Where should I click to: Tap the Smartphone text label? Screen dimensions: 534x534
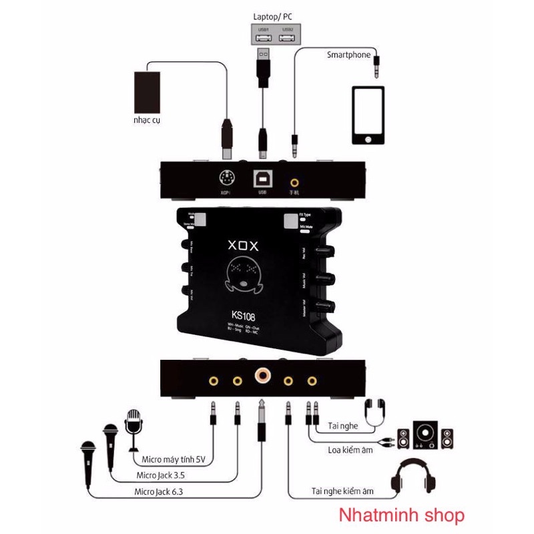[x=348, y=55]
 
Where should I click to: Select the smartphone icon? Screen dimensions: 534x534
[x=368, y=115]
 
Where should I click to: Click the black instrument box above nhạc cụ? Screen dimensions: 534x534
[x=147, y=91]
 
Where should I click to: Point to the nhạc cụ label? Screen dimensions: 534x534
[x=146, y=121]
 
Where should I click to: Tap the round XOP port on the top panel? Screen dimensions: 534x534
[x=226, y=178]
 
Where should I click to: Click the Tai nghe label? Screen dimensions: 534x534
[x=343, y=426]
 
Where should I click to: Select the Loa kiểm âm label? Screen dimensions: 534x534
[x=350, y=450]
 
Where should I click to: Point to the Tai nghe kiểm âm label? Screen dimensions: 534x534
[x=342, y=492]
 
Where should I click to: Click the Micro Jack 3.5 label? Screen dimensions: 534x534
[x=160, y=476]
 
